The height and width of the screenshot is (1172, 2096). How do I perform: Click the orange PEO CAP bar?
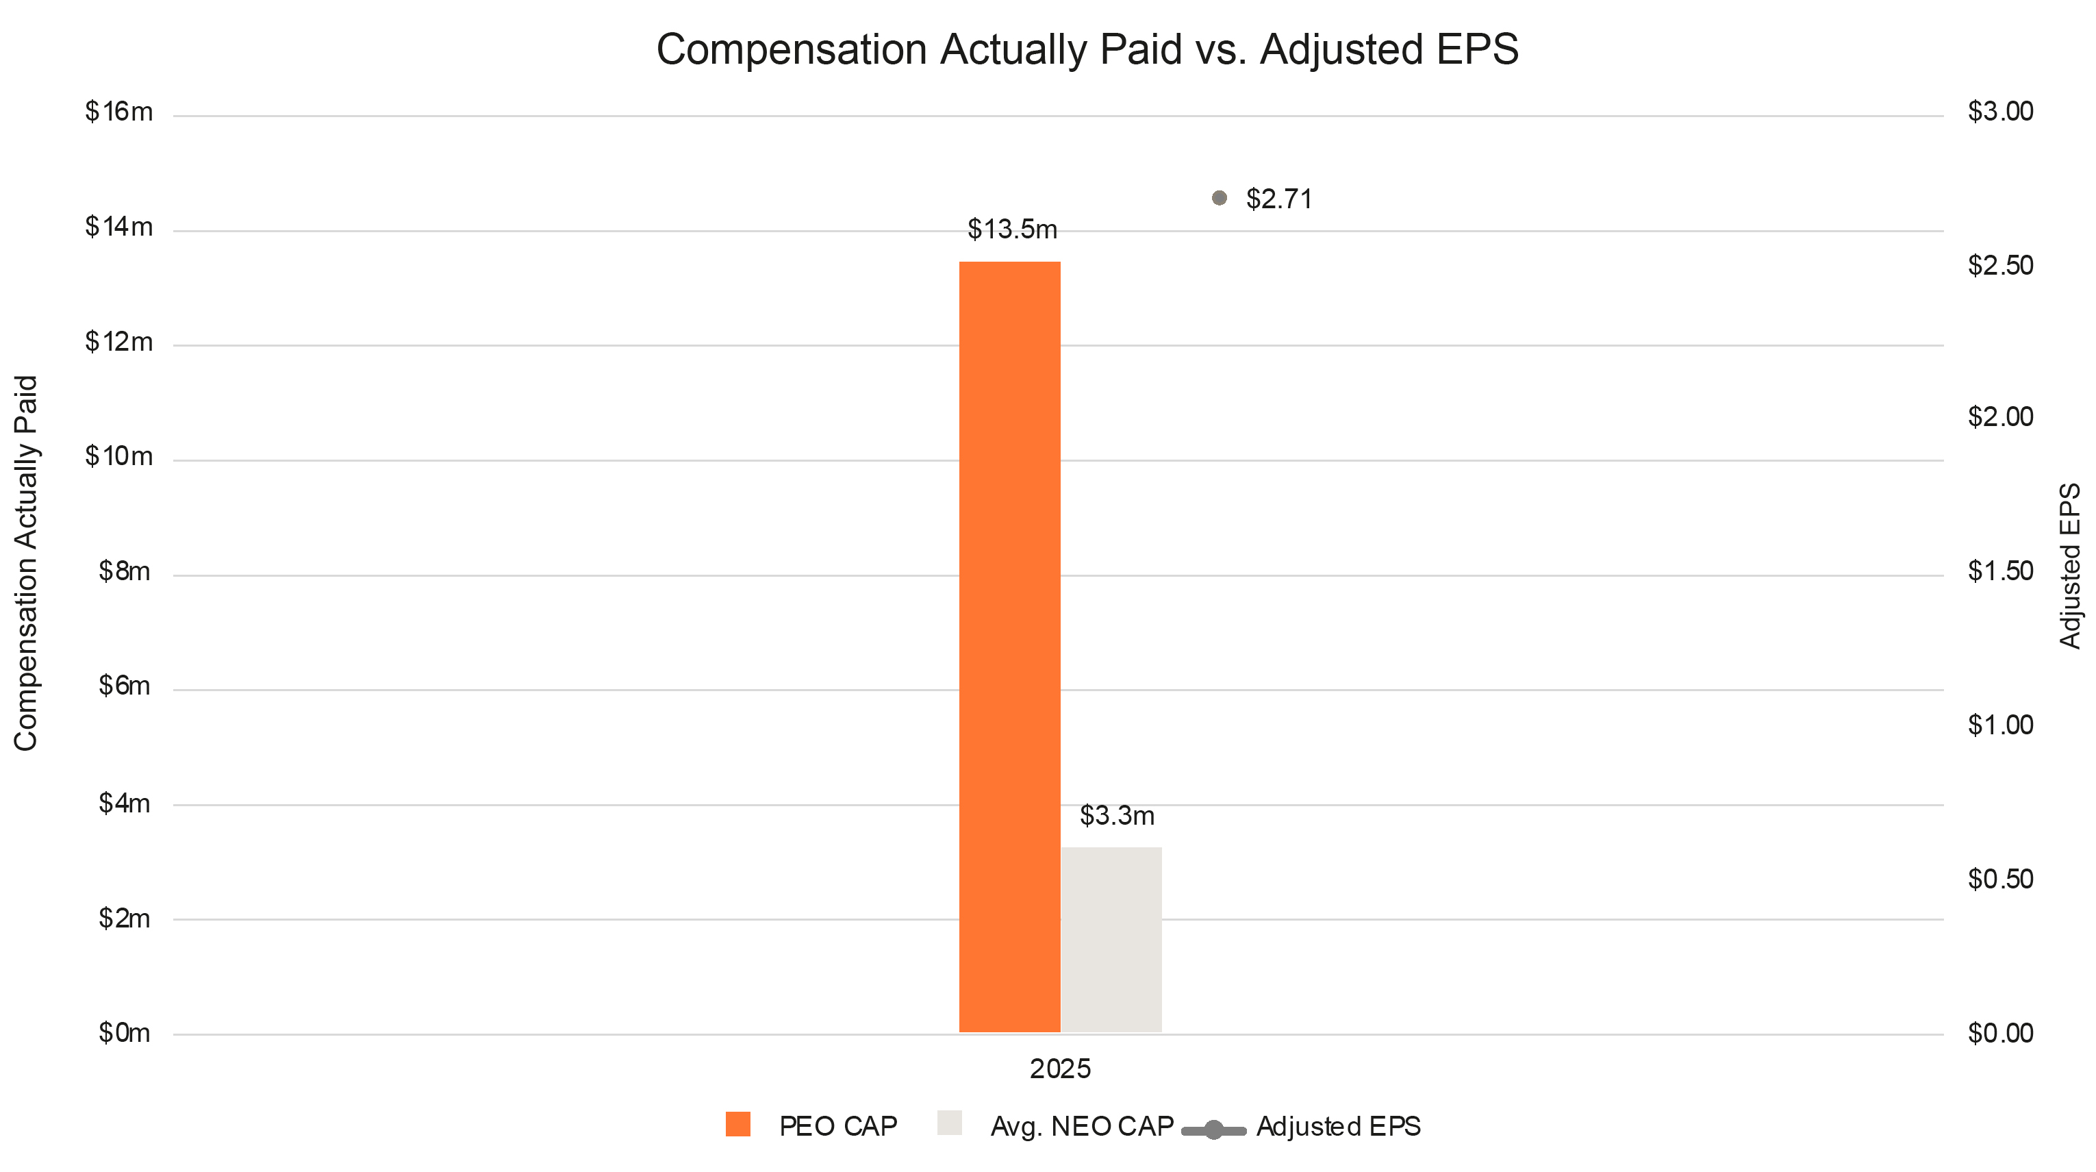coord(1010,647)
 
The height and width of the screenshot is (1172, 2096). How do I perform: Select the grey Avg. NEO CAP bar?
coord(1111,940)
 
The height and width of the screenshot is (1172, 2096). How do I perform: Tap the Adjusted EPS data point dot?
coord(1219,198)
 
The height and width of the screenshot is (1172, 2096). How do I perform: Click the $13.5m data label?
coord(1012,230)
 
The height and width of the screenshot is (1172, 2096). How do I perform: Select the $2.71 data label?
coord(1279,199)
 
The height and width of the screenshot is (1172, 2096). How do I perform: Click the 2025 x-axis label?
coord(1059,1069)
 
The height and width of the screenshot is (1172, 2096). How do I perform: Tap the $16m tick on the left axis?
coord(118,112)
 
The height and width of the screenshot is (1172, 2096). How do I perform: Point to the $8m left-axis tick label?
coord(125,571)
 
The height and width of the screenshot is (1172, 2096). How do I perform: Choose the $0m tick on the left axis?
coord(125,1033)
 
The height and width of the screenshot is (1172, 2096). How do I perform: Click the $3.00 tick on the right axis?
coord(2000,112)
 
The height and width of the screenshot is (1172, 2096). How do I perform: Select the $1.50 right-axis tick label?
coord(2000,571)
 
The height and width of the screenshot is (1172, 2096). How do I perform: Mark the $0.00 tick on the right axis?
coord(2000,1033)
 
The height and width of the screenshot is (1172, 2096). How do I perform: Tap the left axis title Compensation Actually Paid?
coord(26,563)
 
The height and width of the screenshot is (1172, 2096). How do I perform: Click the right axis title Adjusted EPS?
coord(2070,566)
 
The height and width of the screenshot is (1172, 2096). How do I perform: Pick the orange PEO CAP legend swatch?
coord(738,1124)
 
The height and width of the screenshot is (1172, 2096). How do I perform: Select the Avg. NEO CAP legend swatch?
coord(950,1123)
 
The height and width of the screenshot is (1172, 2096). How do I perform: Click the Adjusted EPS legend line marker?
coord(1213,1130)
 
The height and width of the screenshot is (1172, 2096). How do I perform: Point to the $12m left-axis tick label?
coord(118,342)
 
